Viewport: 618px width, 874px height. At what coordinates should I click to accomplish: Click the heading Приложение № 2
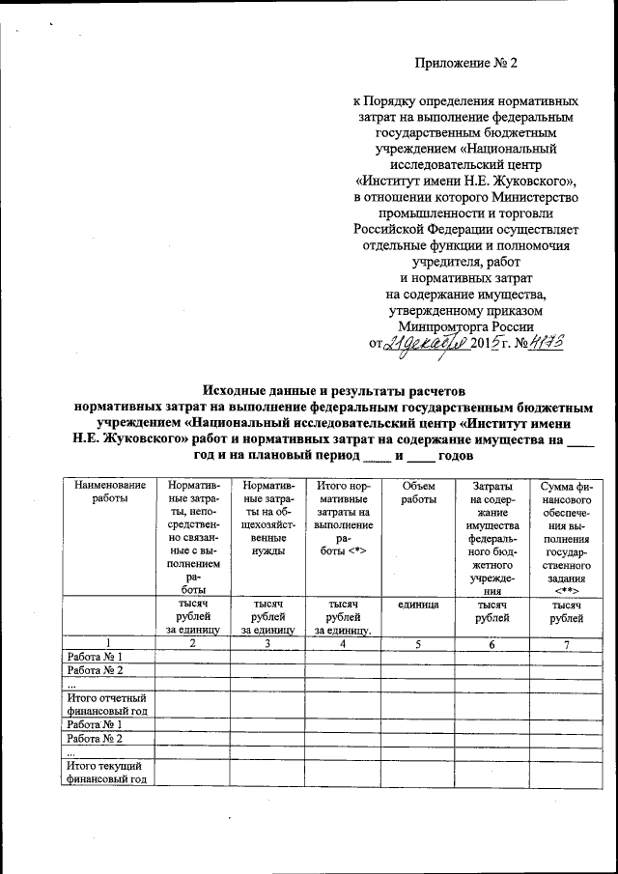(x=466, y=64)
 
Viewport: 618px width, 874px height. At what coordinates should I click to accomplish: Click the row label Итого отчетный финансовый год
(x=106, y=704)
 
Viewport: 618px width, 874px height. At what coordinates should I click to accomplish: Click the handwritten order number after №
(x=544, y=343)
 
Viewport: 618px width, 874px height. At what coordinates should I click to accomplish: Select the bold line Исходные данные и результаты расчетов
(x=333, y=391)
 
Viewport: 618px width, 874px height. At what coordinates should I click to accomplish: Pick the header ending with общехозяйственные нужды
(x=267, y=516)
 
